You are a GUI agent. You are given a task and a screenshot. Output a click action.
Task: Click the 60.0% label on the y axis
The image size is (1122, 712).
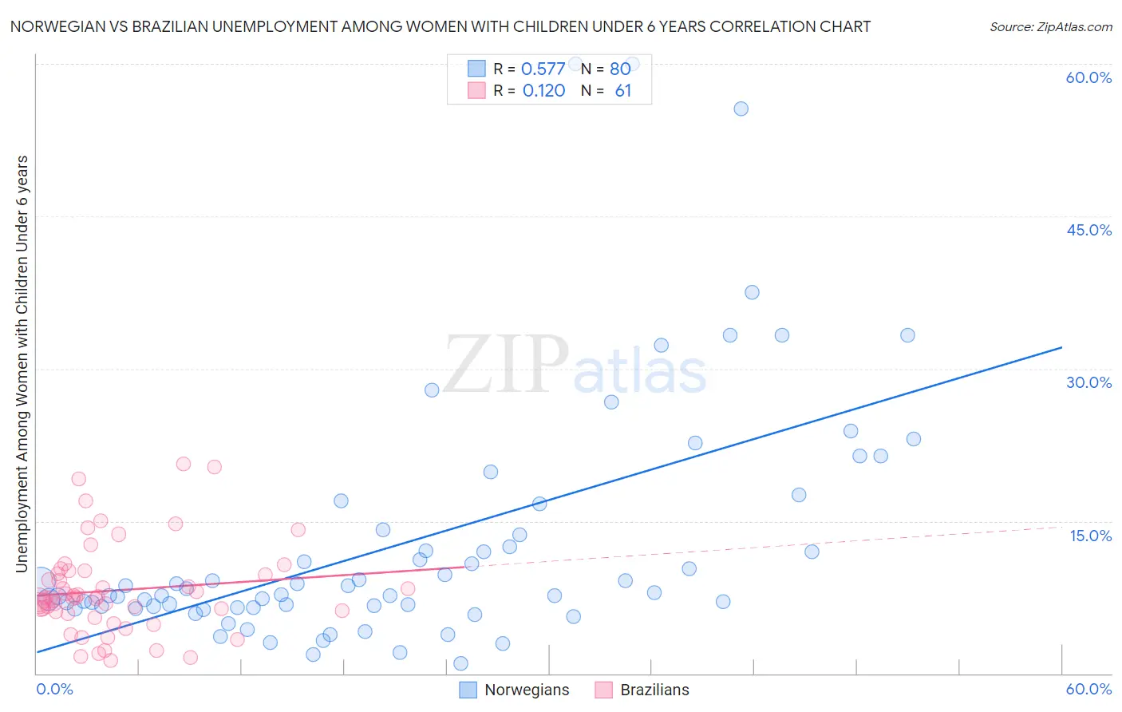tap(1088, 77)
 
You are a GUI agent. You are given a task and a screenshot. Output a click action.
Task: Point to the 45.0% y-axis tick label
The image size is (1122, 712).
tap(1088, 230)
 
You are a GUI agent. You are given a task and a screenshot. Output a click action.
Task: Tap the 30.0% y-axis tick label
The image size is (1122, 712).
tap(1088, 382)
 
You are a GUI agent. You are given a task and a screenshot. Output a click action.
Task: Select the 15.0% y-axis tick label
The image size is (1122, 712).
tap(1090, 536)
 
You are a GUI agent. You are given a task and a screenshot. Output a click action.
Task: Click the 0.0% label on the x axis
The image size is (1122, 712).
tap(54, 689)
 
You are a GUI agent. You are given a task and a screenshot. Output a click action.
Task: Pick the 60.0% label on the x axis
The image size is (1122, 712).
tap(1088, 689)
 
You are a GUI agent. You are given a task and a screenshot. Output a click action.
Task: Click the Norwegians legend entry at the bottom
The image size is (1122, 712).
tap(527, 690)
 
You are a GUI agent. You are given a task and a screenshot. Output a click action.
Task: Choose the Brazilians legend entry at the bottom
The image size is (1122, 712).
tap(654, 690)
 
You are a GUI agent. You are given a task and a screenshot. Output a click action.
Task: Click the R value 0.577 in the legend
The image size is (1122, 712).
tap(543, 69)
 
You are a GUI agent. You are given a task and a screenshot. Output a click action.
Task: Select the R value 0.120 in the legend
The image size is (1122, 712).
tap(543, 91)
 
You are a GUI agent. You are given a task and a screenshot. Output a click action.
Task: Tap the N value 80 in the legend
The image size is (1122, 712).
tap(620, 69)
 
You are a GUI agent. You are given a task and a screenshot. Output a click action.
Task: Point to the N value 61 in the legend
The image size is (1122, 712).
tap(623, 91)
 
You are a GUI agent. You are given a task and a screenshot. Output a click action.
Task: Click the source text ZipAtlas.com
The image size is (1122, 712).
tap(1050, 26)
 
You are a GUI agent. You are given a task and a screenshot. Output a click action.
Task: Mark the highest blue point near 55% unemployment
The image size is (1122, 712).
tap(741, 109)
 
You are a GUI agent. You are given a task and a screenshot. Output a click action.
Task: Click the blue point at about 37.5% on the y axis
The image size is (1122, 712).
tap(752, 292)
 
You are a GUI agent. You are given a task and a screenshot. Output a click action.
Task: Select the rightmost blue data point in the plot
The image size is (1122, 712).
tap(914, 439)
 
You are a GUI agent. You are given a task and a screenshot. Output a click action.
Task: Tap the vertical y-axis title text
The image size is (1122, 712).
tap(22, 363)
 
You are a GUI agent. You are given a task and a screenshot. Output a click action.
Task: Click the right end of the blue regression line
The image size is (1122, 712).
tap(1061, 347)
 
